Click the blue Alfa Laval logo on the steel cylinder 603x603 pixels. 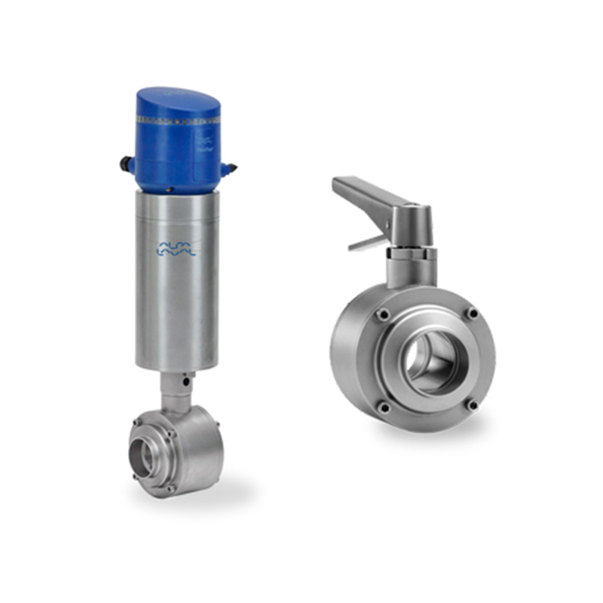tap(176, 249)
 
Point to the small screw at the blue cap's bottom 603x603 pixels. tap(176, 188)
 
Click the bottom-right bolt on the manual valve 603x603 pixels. tap(473, 405)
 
